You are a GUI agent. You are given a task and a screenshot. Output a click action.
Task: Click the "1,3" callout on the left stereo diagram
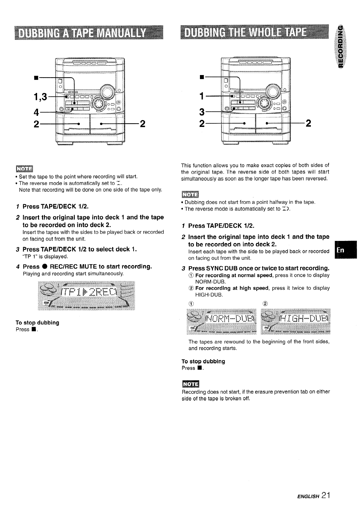(x=40, y=97)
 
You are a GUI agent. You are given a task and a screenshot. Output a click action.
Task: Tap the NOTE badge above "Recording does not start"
(x=191, y=384)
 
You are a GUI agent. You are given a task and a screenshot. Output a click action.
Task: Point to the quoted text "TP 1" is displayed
(x=45, y=257)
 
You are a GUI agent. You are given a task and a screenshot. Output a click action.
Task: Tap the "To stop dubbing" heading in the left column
(x=37, y=322)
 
